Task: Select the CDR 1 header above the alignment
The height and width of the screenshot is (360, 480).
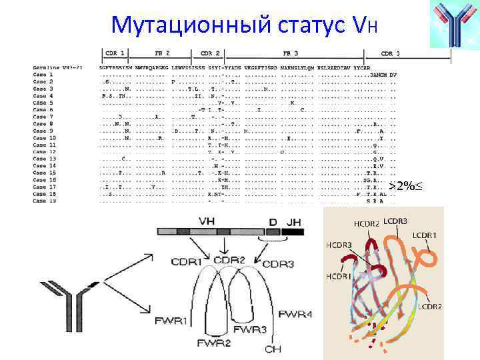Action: pyautogui.click(x=115, y=53)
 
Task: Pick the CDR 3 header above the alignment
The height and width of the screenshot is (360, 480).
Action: pyautogui.click(x=390, y=53)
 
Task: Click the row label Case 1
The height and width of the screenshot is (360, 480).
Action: pyautogui.click(x=42, y=75)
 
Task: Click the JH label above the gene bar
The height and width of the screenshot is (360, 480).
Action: pyautogui.click(x=294, y=221)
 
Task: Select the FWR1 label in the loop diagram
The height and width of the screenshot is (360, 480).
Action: pyautogui.click(x=171, y=321)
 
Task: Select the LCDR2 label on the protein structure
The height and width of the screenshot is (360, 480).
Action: pyautogui.click(x=431, y=307)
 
